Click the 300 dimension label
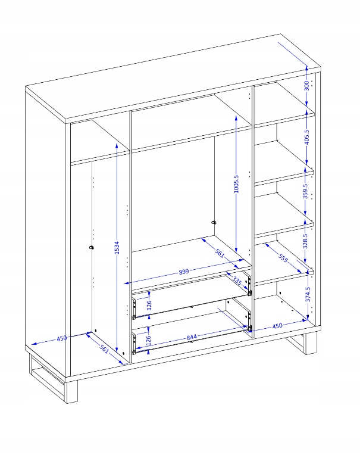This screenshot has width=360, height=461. [x=306, y=86]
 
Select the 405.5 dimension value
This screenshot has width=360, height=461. [x=306, y=137]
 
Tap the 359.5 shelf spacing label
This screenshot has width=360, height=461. [x=305, y=191]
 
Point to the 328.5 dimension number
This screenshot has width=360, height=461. [x=305, y=241]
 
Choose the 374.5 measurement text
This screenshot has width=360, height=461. [x=308, y=294]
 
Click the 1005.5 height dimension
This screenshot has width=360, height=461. [x=236, y=184]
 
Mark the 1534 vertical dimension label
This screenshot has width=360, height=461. [x=117, y=247]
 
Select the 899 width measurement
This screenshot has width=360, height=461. [x=184, y=271]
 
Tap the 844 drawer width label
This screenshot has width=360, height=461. [x=192, y=337]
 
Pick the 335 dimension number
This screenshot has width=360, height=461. [x=237, y=281]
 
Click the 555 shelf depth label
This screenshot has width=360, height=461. [x=283, y=258]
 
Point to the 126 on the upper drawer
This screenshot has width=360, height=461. [x=149, y=305]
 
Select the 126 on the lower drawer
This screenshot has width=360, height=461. [x=148, y=340]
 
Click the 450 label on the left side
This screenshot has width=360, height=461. [x=62, y=338]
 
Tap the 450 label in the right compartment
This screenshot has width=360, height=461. [x=277, y=326]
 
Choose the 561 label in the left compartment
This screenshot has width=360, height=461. [x=104, y=348]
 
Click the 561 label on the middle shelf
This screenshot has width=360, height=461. [x=220, y=253]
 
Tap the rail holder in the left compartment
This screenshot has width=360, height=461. [x=91, y=248]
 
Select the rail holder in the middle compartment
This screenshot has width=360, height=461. [x=214, y=222]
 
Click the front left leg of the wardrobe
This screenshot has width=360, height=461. [x=71, y=392]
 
